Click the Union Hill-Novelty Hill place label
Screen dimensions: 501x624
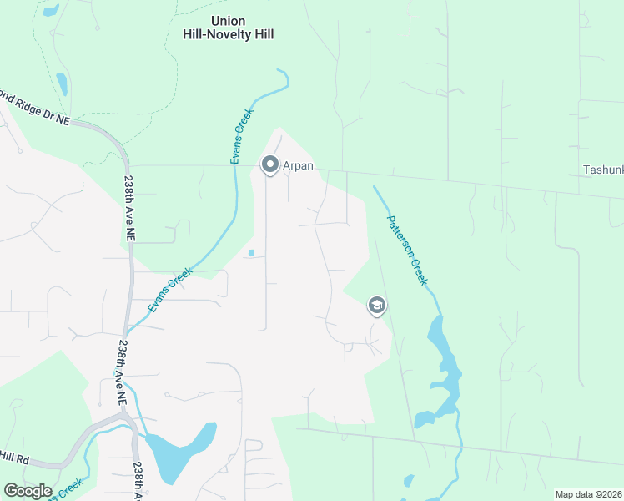(x=229, y=28)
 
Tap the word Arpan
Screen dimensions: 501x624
(x=298, y=165)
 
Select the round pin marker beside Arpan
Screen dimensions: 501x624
(x=269, y=164)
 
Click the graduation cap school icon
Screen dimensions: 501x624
(x=376, y=306)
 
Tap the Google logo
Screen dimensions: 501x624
(x=28, y=490)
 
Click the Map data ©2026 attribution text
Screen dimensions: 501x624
(x=588, y=494)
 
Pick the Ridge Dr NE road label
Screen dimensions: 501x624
(x=38, y=108)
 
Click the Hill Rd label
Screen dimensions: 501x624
(x=15, y=458)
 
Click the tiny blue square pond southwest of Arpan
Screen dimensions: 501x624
(x=251, y=253)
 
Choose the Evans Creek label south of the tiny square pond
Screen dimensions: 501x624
(x=171, y=290)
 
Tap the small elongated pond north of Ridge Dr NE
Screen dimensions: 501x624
(x=62, y=83)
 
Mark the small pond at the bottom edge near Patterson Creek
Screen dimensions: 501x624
(x=408, y=481)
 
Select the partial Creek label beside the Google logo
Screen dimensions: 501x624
(x=70, y=487)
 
